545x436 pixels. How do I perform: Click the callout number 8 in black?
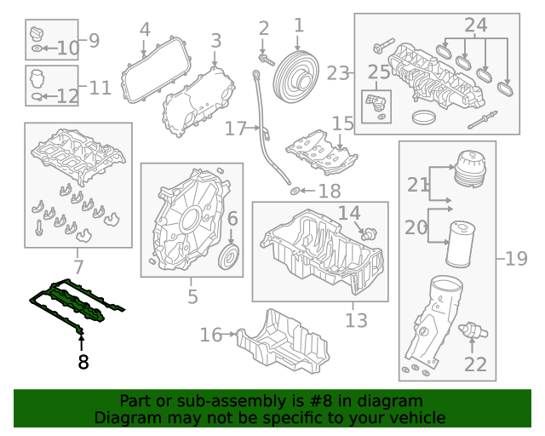tap(82, 362)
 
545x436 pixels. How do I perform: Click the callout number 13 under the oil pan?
tap(356, 320)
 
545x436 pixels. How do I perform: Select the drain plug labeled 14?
tap(370, 231)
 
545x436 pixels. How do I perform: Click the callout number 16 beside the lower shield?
tap(211, 335)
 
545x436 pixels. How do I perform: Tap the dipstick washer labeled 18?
tap(294, 192)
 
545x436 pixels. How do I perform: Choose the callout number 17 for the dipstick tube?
tap(236, 129)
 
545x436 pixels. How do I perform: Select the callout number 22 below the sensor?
tap(475, 364)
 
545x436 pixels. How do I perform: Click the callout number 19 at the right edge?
tap(516, 258)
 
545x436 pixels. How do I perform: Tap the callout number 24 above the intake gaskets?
tap(476, 26)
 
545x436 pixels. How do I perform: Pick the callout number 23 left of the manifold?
tap(338, 73)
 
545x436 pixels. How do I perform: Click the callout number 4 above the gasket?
tap(145, 29)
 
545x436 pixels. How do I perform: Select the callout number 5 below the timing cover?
tap(192, 296)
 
